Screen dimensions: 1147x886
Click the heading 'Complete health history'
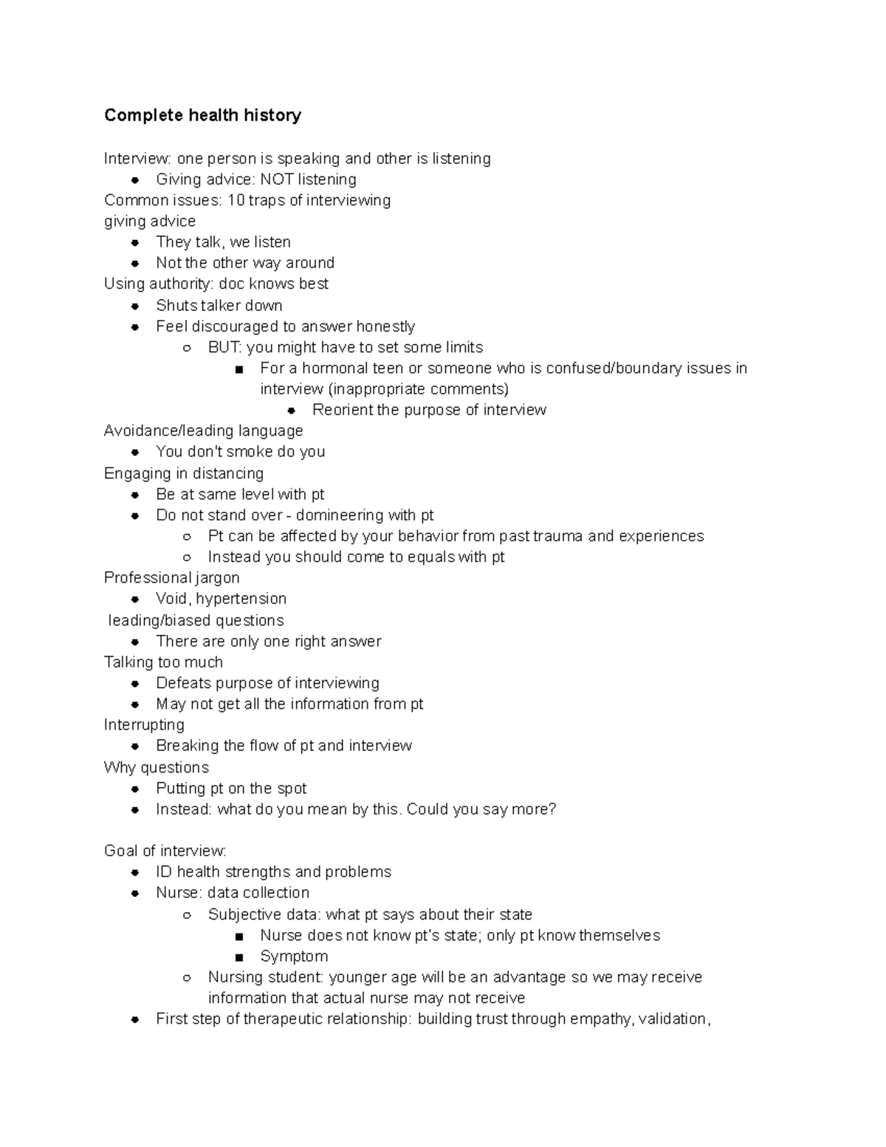[202, 115]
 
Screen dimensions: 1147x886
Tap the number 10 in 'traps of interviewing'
[235, 200]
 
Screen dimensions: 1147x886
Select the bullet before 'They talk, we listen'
[135, 242]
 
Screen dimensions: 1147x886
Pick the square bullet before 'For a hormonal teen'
[238, 369]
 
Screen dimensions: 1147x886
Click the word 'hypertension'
[241, 598]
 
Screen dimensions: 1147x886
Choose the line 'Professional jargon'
[171, 578]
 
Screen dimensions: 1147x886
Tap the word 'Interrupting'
[144, 725]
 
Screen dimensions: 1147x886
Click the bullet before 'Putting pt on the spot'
[135, 789]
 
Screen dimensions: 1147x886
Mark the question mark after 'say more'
[552, 809]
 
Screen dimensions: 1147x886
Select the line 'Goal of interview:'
[165, 851]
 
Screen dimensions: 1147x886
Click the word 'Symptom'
[294, 956]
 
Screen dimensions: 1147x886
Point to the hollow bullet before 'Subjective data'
[187, 915]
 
